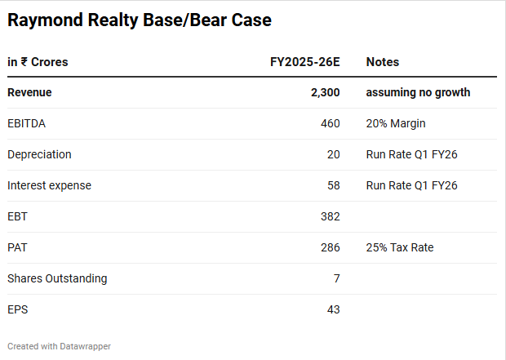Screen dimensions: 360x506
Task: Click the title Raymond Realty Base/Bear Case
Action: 140,20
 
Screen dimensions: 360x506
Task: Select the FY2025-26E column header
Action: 304,62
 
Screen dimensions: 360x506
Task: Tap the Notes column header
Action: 383,62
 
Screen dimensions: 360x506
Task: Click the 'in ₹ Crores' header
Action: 38,62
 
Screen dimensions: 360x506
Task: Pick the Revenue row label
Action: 29,92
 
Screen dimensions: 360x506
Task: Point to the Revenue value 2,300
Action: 325,92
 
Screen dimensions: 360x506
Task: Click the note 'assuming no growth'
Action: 418,92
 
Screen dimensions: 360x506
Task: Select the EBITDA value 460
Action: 330,123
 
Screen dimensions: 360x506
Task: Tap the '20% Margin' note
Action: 396,123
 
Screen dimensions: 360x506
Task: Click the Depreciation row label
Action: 39,154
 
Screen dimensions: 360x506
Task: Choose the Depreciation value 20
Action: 333,154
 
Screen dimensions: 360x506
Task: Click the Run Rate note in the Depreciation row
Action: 412,154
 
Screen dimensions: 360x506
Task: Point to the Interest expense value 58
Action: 333,185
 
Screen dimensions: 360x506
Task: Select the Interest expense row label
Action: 49,185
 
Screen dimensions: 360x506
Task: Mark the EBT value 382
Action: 330,216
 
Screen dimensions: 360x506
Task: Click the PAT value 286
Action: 330,247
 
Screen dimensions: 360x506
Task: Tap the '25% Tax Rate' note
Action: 400,247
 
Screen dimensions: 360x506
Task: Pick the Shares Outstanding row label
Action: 57,278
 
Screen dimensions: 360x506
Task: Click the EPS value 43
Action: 333,309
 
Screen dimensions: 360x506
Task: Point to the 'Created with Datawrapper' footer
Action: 59,346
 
